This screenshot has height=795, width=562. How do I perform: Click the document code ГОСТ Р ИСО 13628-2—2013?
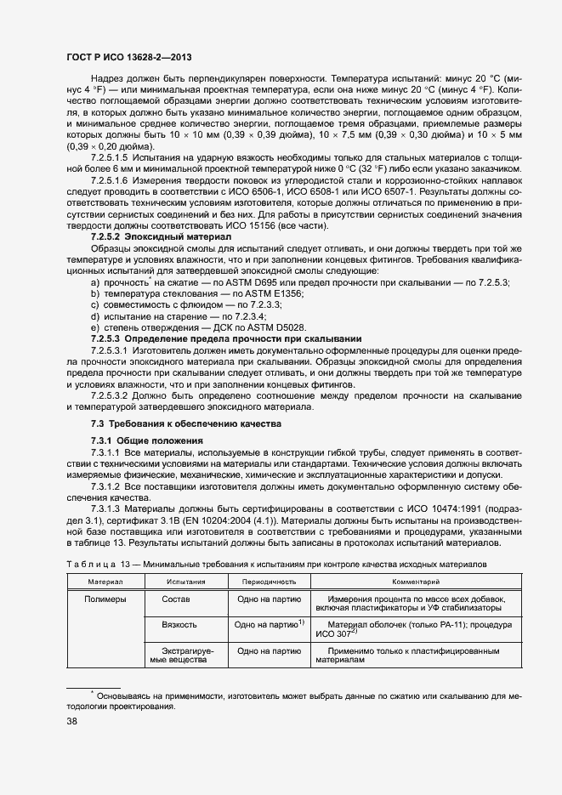click(128, 57)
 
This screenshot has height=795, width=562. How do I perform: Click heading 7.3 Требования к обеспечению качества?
click(185, 423)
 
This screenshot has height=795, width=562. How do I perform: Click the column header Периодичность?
click(269, 582)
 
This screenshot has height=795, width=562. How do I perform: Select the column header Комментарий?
click(415, 582)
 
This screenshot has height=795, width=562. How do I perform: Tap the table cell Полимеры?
click(105, 599)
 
